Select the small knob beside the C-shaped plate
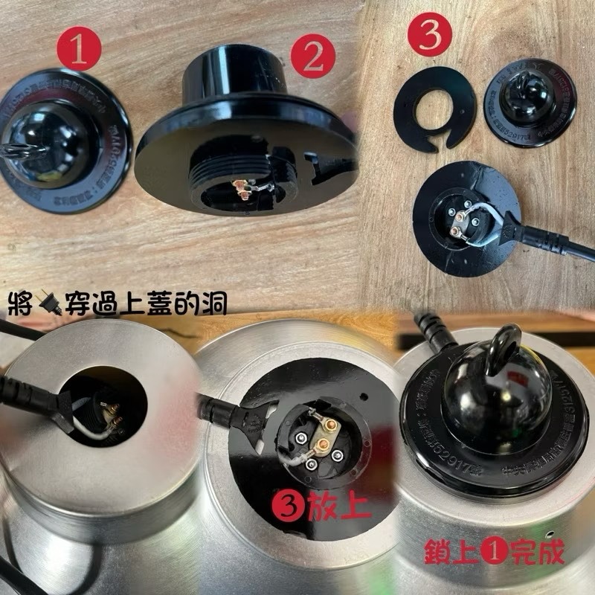tap(530, 100)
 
